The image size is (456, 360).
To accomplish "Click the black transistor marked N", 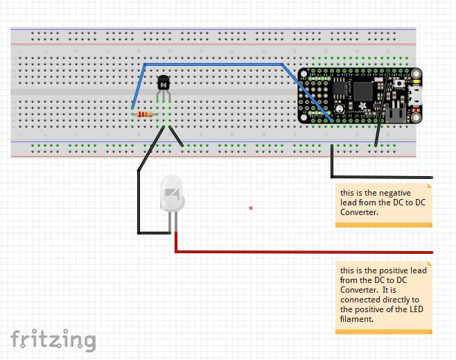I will pyautogui.click(x=164, y=83).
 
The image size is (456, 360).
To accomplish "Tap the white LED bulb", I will pyautogui.click(x=173, y=194).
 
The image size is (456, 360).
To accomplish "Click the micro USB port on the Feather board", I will pyautogui.click(x=415, y=95).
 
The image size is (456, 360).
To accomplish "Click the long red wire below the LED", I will pyautogui.click(x=305, y=252).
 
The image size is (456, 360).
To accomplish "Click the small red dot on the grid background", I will pyautogui.click(x=251, y=207).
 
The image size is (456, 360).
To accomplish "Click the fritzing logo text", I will pyautogui.click(x=53, y=339).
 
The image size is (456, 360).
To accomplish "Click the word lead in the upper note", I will pyautogui.click(x=348, y=203).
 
